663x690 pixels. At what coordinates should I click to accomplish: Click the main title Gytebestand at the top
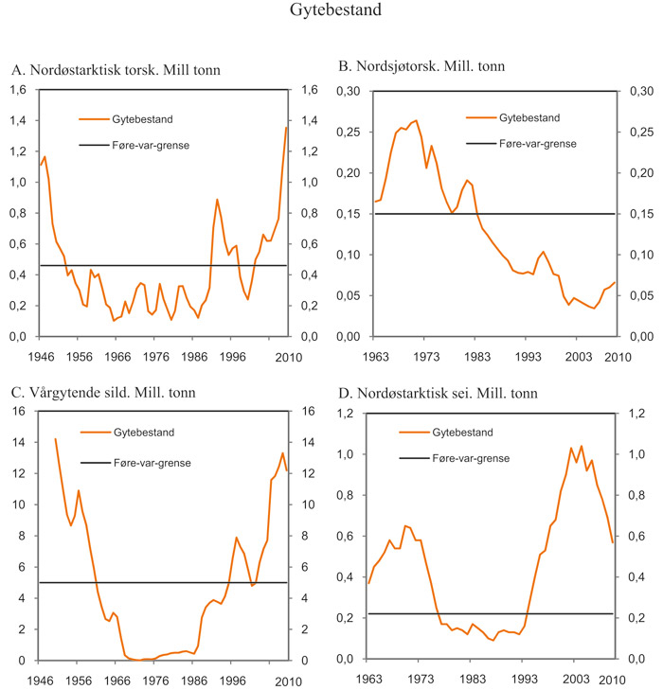[x=331, y=12]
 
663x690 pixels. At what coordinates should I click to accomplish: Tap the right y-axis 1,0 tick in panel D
[x=635, y=455]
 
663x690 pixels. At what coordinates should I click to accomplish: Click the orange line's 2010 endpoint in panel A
[x=286, y=128]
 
